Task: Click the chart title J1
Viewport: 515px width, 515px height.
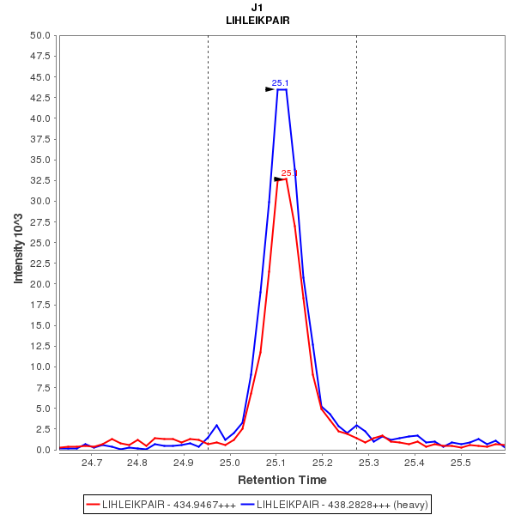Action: (x=257, y=8)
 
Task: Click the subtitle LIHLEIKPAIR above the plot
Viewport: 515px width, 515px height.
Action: (x=257, y=21)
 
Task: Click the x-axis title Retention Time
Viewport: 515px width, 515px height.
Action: (x=282, y=479)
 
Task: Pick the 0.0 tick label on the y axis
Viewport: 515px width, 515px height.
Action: (x=44, y=450)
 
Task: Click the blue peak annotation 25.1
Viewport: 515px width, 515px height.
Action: (x=280, y=83)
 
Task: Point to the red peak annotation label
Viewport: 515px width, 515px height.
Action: (x=289, y=173)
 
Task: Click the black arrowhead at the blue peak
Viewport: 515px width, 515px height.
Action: (x=270, y=89)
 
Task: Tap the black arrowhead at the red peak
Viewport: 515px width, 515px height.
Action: (x=278, y=179)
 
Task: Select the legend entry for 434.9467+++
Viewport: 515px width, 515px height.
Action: (x=161, y=504)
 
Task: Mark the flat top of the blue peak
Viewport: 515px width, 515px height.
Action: (x=282, y=89)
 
